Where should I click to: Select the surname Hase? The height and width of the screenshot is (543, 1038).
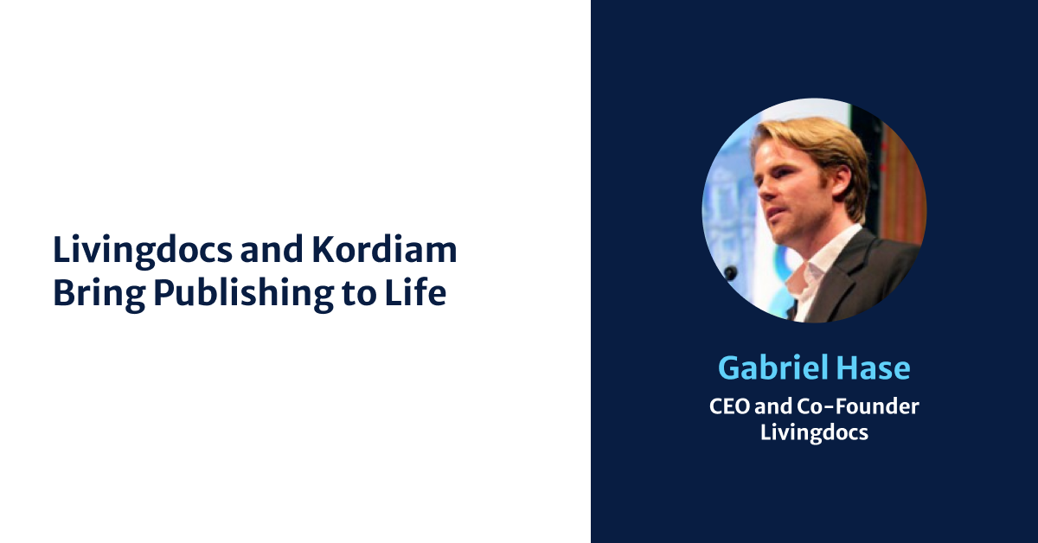875,368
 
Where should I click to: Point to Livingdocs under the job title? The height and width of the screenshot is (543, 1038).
814,431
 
